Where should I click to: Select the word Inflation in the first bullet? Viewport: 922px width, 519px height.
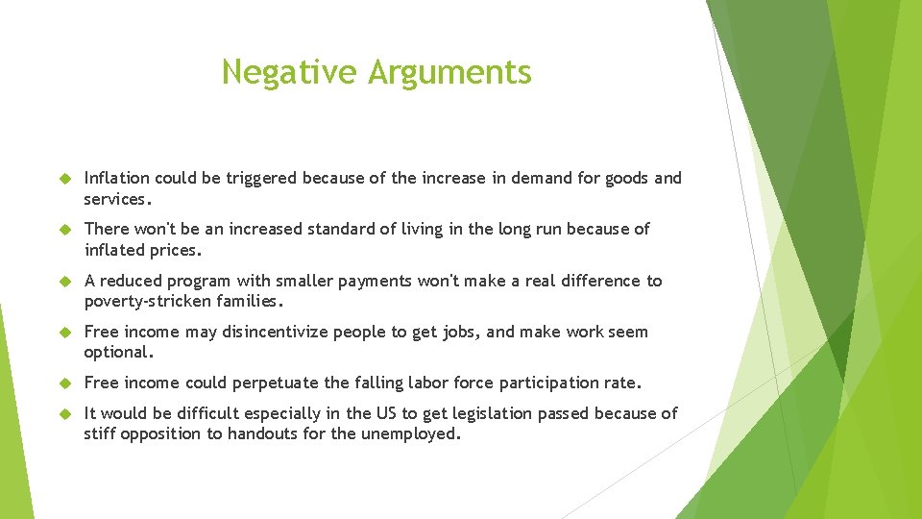point(117,178)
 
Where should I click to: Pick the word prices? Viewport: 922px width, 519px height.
point(177,250)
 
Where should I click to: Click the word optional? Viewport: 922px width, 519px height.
point(118,353)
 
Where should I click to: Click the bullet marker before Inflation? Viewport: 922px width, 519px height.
point(65,178)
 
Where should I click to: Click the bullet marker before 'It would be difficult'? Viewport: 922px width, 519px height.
point(65,413)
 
